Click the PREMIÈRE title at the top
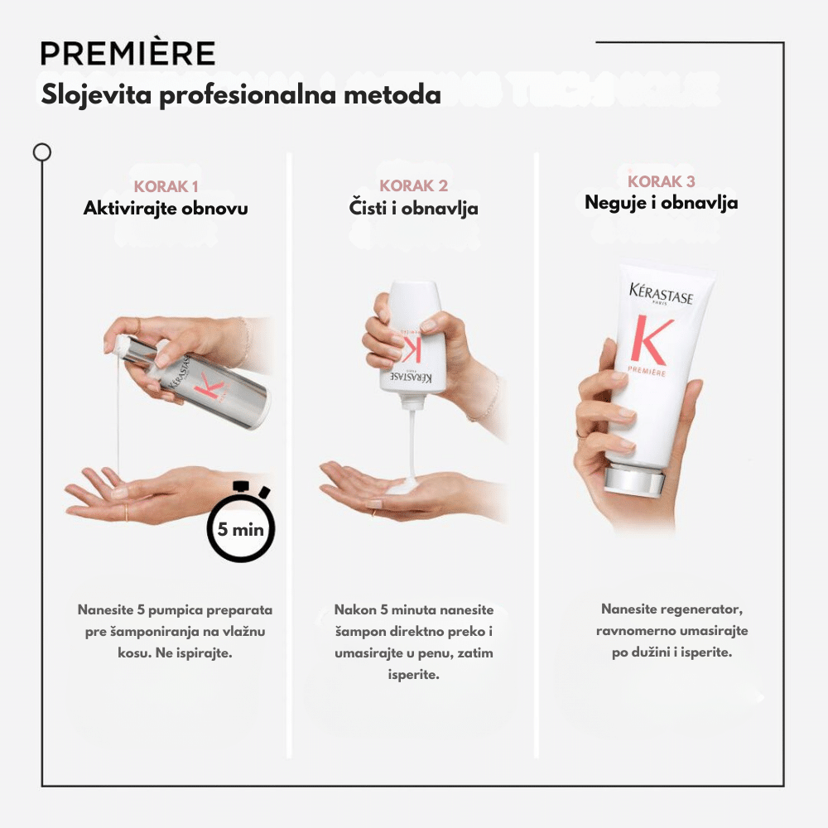tap(128, 53)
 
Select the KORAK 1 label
tap(166, 186)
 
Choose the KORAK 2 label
tap(413, 185)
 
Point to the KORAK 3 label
tap(661, 181)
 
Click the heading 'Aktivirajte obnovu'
tap(166, 208)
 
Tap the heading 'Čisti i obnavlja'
tap(413, 208)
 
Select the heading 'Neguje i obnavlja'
tap(661, 203)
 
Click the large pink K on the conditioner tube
tap(651, 339)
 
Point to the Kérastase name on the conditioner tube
tap(661, 294)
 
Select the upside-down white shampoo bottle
tap(413, 344)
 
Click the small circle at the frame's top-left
tap(41, 152)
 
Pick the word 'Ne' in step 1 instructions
tap(164, 653)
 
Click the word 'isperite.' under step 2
tap(413, 675)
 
